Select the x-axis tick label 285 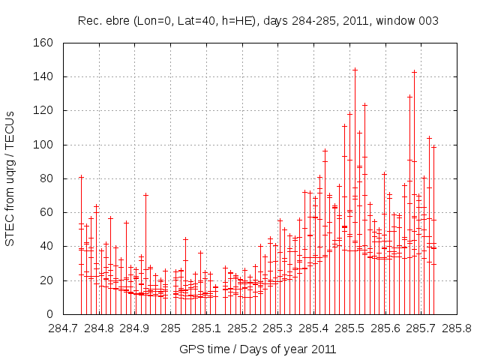coord(171,328)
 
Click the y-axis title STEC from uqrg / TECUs coord(10,178)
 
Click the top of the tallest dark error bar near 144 coord(355,69)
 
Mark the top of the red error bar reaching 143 coord(414,72)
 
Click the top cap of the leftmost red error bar coord(81,177)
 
